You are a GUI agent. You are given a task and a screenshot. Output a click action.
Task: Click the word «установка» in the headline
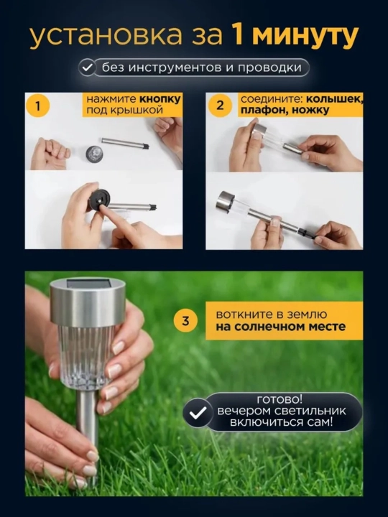[x=106, y=35]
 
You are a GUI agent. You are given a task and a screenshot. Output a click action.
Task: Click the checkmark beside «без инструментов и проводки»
[x=87, y=67]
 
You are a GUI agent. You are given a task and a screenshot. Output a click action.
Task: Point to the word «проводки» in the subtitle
[x=269, y=67]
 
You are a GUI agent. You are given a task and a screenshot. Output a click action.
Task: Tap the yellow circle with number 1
[x=38, y=106]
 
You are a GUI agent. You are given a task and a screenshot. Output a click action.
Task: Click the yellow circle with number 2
[x=220, y=106]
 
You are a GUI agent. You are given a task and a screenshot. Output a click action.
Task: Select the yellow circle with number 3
[x=186, y=320]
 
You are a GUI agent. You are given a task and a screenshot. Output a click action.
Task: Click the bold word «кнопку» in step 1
[x=160, y=99]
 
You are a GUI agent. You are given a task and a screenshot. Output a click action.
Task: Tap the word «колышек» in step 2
[x=334, y=99]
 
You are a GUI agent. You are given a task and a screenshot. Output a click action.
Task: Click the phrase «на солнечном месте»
[x=281, y=327]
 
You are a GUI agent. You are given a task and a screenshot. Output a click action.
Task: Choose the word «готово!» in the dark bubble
[x=280, y=400]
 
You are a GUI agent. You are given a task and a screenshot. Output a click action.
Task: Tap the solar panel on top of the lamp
[x=88, y=283]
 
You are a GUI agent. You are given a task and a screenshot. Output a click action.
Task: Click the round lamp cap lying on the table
[x=94, y=154]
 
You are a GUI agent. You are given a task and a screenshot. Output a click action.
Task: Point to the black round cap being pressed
[x=99, y=199]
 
